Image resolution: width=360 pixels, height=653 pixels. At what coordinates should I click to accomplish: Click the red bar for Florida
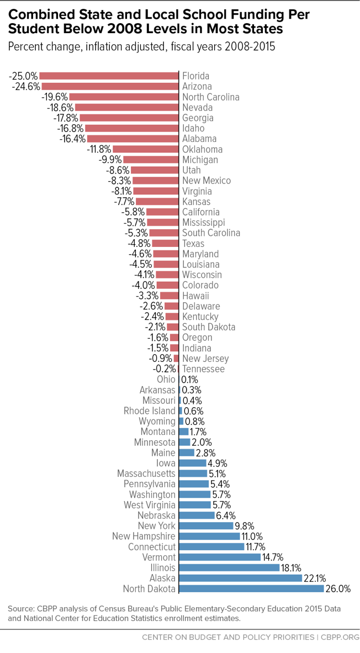(109, 76)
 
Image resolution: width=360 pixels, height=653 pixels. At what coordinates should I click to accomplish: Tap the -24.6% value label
(25, 86)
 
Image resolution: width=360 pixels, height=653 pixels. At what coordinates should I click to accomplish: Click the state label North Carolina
(211, 97)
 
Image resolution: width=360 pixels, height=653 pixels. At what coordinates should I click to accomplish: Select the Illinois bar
(229, 567)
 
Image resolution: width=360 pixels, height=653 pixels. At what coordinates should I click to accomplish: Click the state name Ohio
(166, 380)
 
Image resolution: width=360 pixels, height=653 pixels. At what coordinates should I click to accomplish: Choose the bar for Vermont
(220, 557)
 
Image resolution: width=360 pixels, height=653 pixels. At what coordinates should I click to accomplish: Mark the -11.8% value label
(99, 149)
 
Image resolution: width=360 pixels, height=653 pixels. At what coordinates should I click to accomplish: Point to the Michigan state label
(200, 160)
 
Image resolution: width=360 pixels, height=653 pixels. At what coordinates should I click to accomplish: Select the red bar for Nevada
(126, 107)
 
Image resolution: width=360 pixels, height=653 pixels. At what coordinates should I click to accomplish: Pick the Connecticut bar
(211, 546)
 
